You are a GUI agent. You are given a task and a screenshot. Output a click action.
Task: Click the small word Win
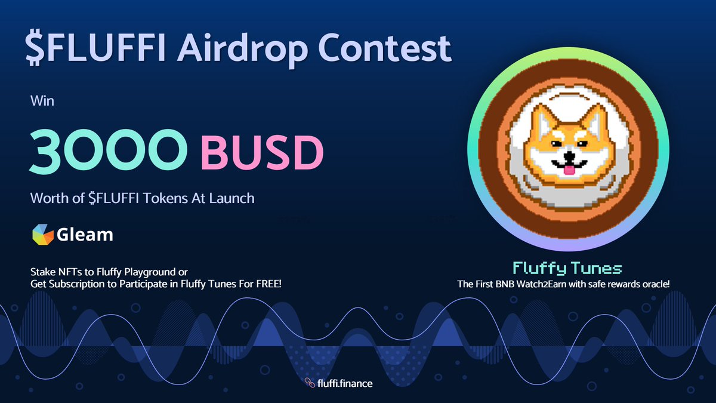[x=42, y=101]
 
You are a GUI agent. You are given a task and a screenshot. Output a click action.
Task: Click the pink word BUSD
[x=261, y=153]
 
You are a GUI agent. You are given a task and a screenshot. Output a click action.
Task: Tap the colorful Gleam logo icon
[x=42, y=235]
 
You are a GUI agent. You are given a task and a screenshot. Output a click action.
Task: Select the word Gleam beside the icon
[x=85, y=235]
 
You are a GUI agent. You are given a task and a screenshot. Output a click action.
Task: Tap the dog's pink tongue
[x=570, y=170]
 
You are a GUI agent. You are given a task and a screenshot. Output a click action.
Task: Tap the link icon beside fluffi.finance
[x=309, y=383]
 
